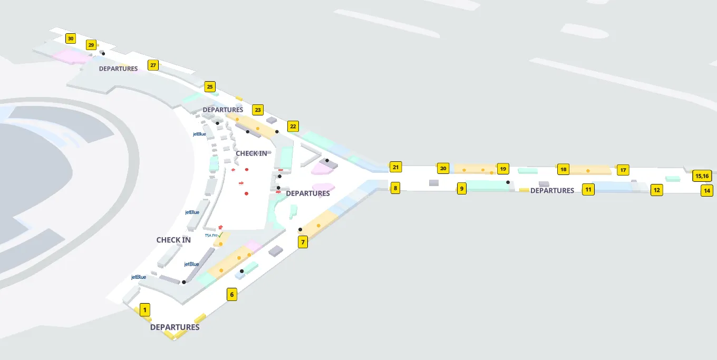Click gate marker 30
click(x=71, y=38)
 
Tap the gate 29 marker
click(x=91, y=45)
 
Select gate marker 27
click(x=153, y=65)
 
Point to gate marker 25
click(x=210, y=87)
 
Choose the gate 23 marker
click(x=257, y=110)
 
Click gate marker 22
click(x=293, y=127)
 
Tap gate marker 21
click(x=395, y=168)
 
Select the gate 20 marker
click(x=443, y=169)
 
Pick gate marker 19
click(x=503, y=169)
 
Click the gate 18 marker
click(x=563, y=170)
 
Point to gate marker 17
click(x=623, y=170)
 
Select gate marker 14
click(x=707, y=191)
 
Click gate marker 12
click(x=656, y=190)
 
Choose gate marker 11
click(x=588, y=190)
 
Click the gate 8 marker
click(x=395, y=188)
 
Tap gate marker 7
click(x=303, y=242)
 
